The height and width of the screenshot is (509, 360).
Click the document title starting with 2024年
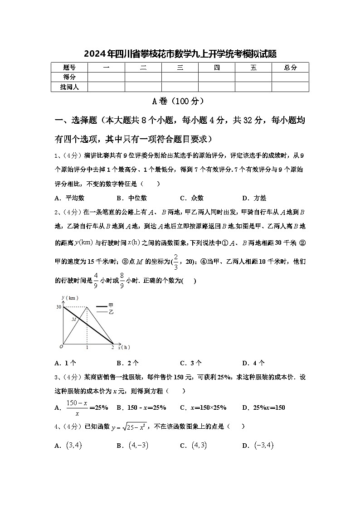click(180, 54)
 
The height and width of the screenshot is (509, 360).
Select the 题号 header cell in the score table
click(69, 68)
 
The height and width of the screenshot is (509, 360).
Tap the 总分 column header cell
click(290, 68)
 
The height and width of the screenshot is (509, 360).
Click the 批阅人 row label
click(69, 87)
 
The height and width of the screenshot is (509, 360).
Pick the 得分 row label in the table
click(69, 77)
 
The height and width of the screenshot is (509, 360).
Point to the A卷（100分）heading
click(180, 101)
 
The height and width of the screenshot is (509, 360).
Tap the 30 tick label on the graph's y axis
click(58, 307)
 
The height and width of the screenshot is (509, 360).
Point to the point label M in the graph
click(73, 320)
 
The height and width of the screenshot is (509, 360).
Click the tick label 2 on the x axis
click(112, 347)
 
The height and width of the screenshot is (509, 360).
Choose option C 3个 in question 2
click(191, 363)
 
